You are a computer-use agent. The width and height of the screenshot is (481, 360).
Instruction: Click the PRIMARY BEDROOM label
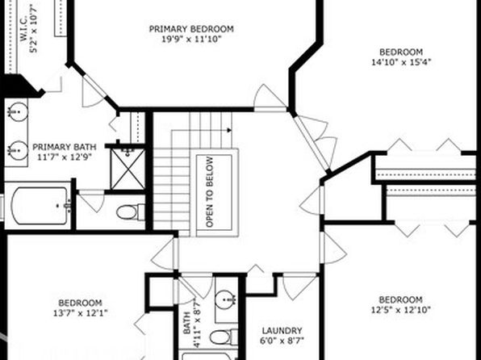[191, 29]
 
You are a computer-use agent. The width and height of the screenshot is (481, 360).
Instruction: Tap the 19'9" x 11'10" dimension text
[191, 40]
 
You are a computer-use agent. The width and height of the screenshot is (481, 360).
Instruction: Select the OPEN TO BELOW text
[210, 192]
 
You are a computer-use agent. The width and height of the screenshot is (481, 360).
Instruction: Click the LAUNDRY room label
[282, 331]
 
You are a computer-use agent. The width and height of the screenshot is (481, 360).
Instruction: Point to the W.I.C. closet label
[24, 29]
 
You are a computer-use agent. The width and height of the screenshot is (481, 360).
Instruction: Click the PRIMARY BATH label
[65, 147]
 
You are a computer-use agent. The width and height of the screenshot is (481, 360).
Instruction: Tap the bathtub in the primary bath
[40, 206]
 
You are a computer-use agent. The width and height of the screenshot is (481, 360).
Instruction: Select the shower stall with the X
[128, 170]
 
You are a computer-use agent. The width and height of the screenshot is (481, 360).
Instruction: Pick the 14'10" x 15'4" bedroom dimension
[401, 62]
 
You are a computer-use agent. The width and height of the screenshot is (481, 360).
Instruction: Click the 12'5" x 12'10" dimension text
[401, 310]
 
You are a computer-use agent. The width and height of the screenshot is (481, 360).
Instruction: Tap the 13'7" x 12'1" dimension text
[81, 313]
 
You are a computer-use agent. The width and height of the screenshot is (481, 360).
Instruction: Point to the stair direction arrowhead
[229, 130]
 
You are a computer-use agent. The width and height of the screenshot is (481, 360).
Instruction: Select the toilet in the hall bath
[224, 337]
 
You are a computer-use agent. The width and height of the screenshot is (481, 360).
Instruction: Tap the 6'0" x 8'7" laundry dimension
[282, 341]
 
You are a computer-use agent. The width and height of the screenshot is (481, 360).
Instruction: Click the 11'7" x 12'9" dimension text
[65, 157]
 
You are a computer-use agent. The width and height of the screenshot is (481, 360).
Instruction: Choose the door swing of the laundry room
[299, 288]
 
